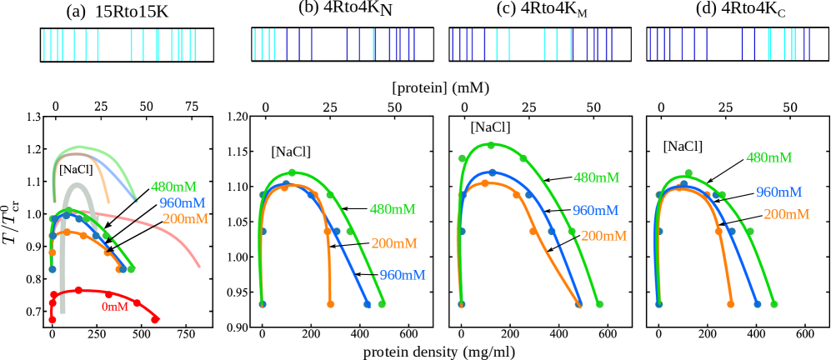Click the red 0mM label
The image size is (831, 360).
point(115,307)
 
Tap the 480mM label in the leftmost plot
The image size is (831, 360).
point(173,187)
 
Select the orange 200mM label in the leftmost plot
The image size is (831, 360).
point(185,219)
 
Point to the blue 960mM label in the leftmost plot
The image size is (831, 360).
point(182,203)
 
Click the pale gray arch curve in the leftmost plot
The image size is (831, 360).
point(78,187)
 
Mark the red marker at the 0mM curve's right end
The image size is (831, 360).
point(155,319)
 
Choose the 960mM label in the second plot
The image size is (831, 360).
point(402,276)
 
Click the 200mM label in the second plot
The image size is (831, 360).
point(393,244)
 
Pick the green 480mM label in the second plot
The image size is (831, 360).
point(392,210)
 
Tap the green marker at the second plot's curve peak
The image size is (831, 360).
point(292,172)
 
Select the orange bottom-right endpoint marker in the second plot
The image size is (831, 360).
point(331,304)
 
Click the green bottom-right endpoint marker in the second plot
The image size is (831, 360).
point(382,304)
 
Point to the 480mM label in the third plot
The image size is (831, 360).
point(596,178)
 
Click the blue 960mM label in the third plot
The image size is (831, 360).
point(595,211)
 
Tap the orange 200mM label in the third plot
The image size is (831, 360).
point(603,237)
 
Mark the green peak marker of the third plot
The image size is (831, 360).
point(491,145)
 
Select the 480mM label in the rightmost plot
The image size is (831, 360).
point(768,158)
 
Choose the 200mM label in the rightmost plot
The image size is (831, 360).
point(786,215)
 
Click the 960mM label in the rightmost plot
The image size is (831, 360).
point(778,192)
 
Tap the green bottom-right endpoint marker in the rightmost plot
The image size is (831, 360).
point(773,304)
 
